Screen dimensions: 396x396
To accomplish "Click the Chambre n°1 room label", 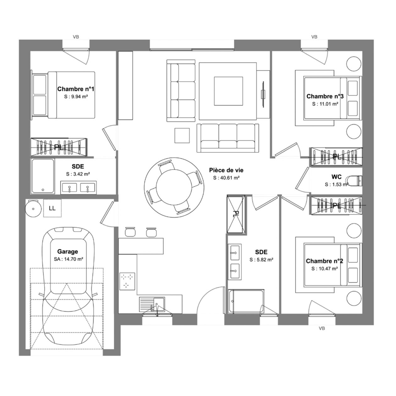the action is (76, 89).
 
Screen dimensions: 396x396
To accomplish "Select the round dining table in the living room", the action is (174, 187).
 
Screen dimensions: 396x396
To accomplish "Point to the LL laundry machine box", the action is (52, 208).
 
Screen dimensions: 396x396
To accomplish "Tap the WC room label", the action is (336, 177).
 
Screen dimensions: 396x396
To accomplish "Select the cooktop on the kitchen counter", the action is (127, 281).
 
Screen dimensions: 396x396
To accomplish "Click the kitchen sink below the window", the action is (152, 305).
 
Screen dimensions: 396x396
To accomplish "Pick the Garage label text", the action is (67, 251).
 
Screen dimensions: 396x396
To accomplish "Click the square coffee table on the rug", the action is (228, 91).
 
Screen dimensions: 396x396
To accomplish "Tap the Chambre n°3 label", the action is (325, 96).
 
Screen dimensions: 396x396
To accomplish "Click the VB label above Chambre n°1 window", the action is (76, 37).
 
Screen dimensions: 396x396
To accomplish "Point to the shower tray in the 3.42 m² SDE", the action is (43, 176).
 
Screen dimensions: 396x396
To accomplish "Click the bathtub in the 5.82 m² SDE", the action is (246, 301).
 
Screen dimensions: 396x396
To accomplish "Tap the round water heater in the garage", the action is (33, 209).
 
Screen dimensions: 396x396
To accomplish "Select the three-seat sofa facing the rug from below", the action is (228, 138).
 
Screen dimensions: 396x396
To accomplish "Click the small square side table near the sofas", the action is (182, 135).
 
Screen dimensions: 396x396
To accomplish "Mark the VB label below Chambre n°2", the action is (322, 328).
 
